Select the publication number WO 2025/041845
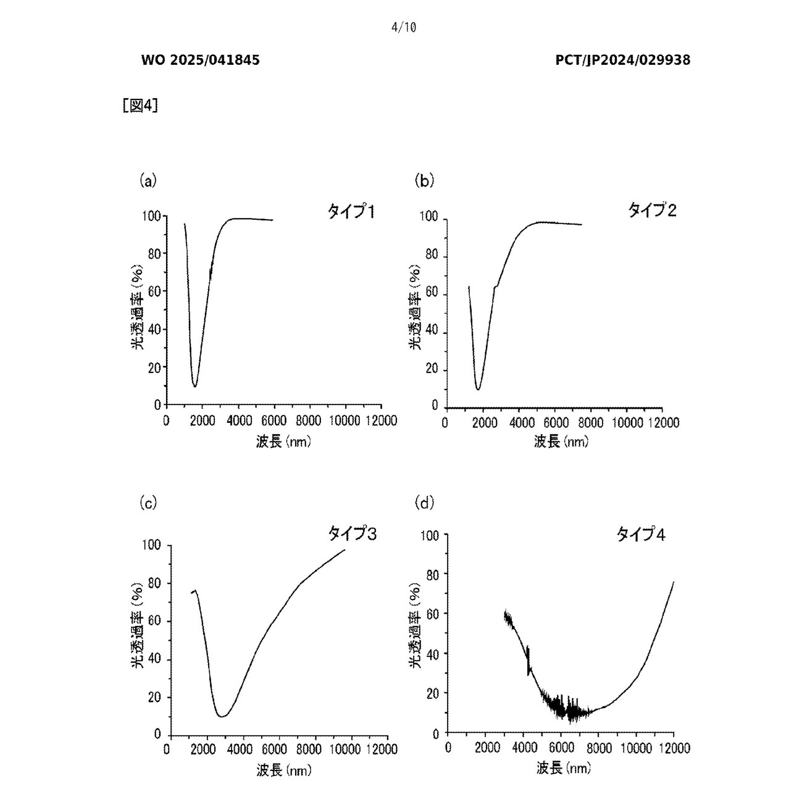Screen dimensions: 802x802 point(201,61)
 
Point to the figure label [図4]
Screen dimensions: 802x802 point(140,106)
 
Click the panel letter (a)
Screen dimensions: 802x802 point(148,181)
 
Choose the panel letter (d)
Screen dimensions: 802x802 point(425,503)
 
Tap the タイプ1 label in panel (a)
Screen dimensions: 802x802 point(351,212)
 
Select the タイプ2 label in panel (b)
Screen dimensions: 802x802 point(652,211)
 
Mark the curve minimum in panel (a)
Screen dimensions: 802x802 point(195,386)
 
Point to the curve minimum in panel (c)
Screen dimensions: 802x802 point(222,716)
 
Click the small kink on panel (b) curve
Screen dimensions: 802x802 point(495,286)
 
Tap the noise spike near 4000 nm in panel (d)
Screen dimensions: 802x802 point(528,661)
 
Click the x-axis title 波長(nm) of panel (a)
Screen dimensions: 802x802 point(283,441)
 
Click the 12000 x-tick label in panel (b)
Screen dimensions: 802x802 point(662,423)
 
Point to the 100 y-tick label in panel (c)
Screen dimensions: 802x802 point(151,545)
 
